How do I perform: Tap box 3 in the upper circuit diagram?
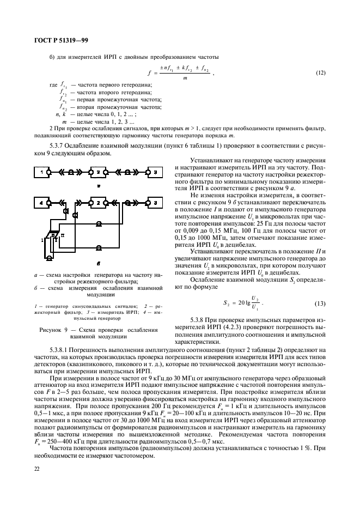pyautogui.click(x=155, y=173)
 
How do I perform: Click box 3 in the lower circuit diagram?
pyautogui.click(x=155, y=203)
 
